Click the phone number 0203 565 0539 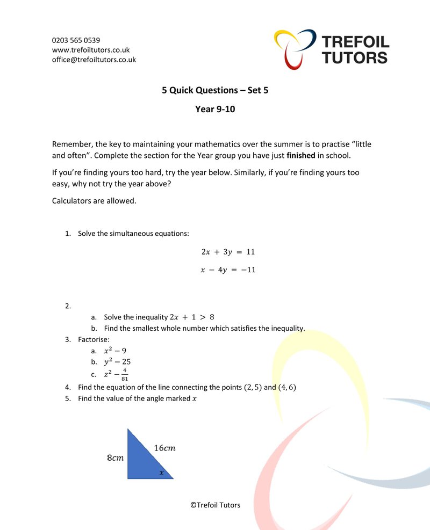[76, 40]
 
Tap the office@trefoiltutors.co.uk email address [94, 60]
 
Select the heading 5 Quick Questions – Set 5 [215, 90]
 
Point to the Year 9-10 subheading [215, 110]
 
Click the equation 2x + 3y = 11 [228, 251]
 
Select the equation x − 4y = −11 [228, 270]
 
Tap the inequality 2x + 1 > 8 [192, 317]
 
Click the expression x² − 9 [115, 351]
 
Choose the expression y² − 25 [117, 362]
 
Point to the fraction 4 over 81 [124, 374]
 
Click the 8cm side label [115, 458]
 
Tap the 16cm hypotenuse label [164, 448]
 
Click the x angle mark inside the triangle [161, 473]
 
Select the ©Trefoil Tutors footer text [215, 505]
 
